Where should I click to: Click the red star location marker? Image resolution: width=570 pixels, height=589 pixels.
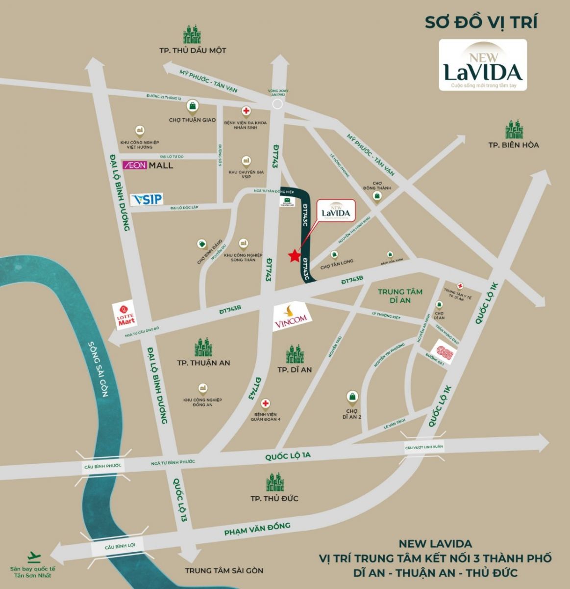point(294,256)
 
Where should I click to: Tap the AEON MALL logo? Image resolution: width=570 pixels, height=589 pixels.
point(148,165)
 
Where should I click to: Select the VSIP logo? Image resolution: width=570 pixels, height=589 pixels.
point(147,199)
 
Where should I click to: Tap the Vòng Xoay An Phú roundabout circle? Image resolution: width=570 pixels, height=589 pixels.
point(277,104)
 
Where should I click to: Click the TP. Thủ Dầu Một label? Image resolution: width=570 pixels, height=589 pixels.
point(193,51)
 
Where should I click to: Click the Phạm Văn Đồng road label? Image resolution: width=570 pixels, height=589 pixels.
point(257,529)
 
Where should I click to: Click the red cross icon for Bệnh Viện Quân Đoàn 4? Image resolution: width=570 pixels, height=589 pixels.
point(266,403)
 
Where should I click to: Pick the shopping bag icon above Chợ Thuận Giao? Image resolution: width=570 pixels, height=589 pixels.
point(193,106)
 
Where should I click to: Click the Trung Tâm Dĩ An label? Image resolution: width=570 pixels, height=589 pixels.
point(400,295)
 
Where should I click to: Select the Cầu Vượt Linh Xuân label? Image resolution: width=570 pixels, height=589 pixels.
point(423,447)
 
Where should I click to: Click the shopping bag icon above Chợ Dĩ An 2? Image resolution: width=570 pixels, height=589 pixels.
point(352,396)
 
